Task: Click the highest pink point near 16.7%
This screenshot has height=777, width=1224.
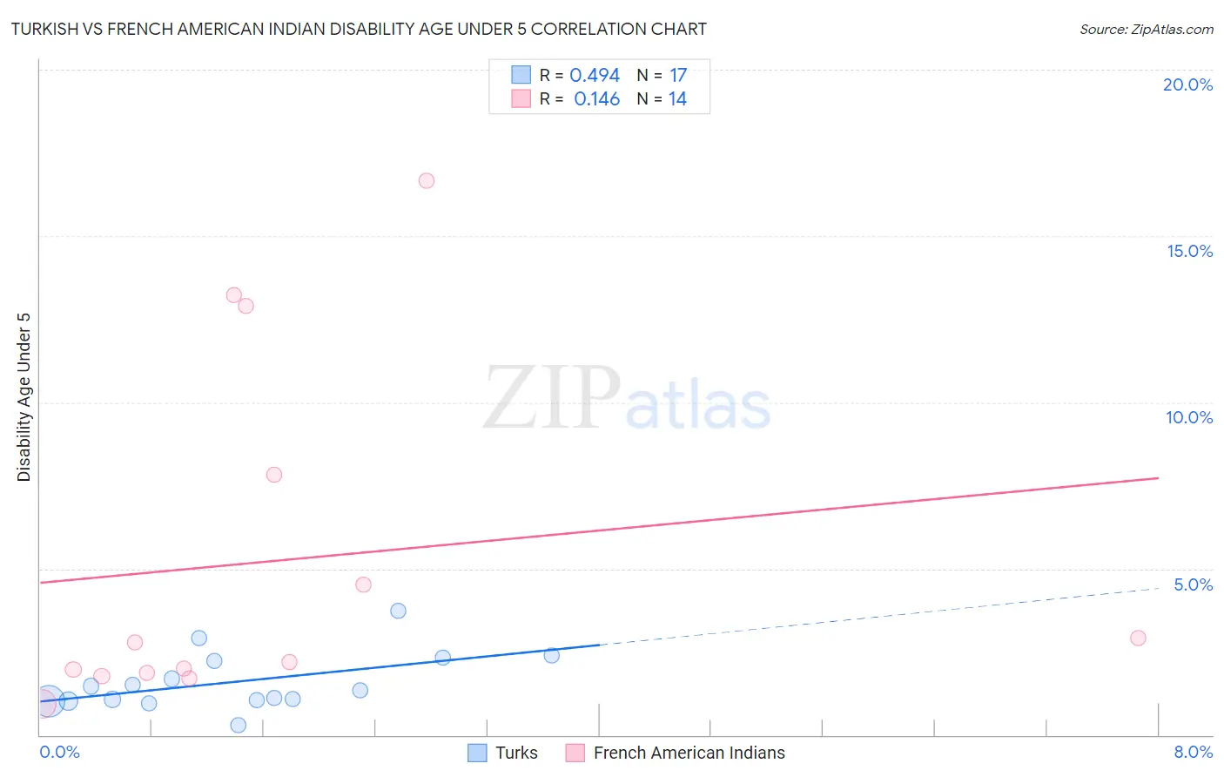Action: (x=427, y=181)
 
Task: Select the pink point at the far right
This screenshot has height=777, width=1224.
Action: (x=1138, y=638)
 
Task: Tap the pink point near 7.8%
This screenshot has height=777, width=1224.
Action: (x=274, y=475)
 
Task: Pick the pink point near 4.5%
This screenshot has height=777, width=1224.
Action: (x=364, y=584)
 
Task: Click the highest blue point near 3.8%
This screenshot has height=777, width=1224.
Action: (x=399, y=611)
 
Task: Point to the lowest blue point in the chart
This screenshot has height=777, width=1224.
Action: (x=239, y=725)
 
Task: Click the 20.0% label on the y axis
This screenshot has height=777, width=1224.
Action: (x=1187, y=84)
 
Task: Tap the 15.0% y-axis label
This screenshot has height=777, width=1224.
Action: (x=1189, y=251)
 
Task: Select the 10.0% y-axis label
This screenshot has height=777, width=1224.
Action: (x=1189, y=417)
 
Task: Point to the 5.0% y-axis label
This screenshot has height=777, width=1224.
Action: (x=1193, y=584)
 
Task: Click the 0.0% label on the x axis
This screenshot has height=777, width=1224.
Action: (x=59, y=753)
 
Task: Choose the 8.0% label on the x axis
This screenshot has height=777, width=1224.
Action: (x=1193, y=753)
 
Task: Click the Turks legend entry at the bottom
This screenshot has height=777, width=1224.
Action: (x=516, y=753)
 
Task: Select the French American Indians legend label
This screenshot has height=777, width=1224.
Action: (x=689, y=753)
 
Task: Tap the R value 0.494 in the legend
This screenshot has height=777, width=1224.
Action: (x=595, y=76)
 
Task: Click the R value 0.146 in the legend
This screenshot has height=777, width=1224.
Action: (x=596, y=99)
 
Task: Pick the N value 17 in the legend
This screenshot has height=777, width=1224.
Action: (x=678, y=76)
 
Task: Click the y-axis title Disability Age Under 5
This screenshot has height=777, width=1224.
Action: (x=24, y=397)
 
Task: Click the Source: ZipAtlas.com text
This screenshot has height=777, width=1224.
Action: (x=1146, y=30)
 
